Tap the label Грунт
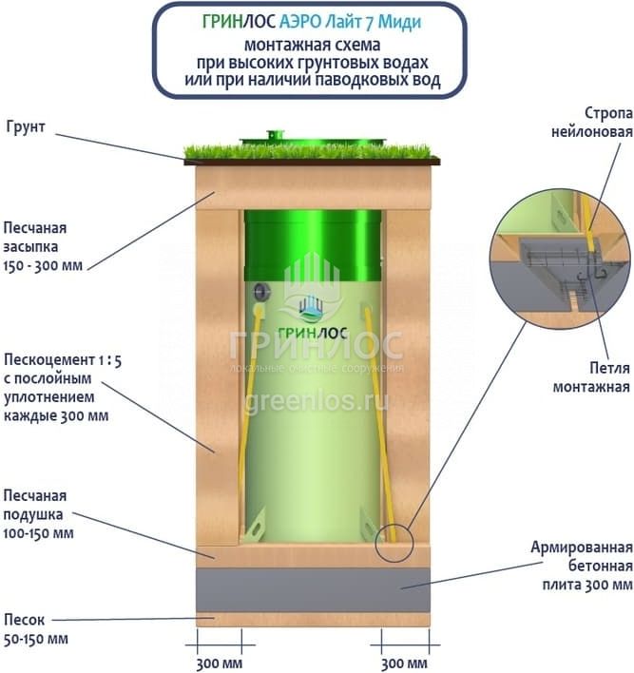[x=28, y=126]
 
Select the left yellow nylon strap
[x=249, y=418]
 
